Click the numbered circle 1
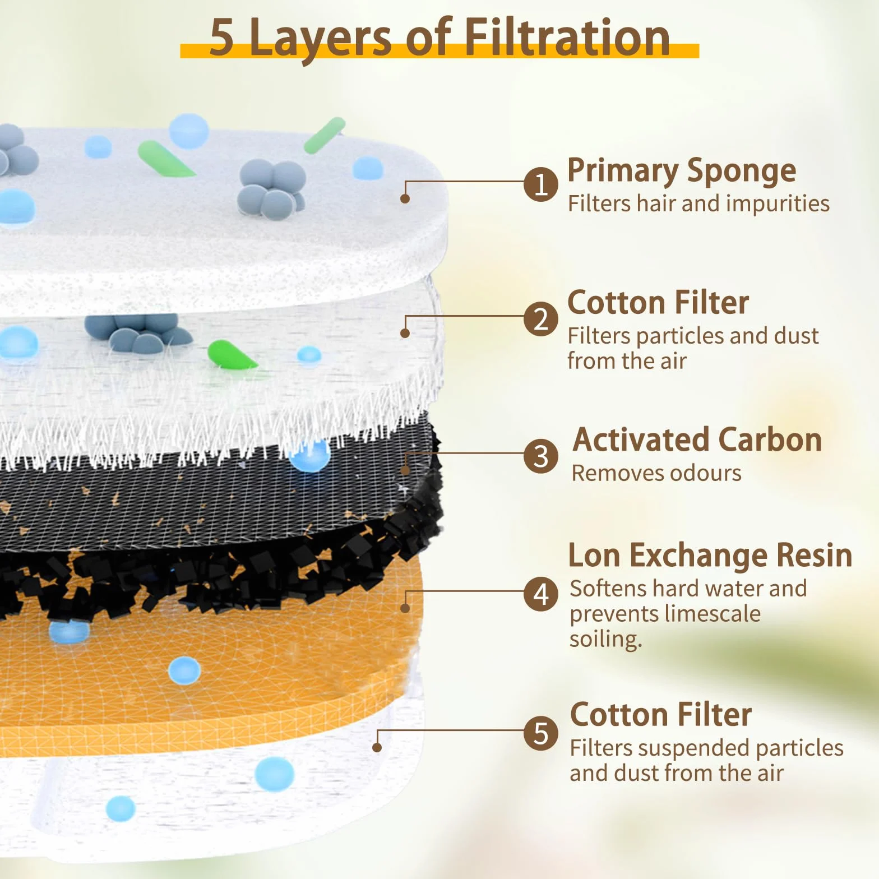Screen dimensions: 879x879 541,184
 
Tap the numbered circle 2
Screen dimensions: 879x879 541,319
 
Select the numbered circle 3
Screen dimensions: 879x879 541,456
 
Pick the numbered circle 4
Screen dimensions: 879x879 541,594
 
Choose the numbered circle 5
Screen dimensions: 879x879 541,733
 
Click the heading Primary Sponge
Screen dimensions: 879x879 682,172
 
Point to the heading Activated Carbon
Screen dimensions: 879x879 697,439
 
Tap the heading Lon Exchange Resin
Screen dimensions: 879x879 710,555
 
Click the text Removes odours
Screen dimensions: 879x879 656,473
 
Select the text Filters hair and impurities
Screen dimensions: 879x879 698,203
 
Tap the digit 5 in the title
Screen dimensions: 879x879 221,38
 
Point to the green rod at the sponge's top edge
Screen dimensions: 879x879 325,135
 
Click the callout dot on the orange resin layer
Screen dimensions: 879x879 405,608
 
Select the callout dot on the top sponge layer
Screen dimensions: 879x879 405,198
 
